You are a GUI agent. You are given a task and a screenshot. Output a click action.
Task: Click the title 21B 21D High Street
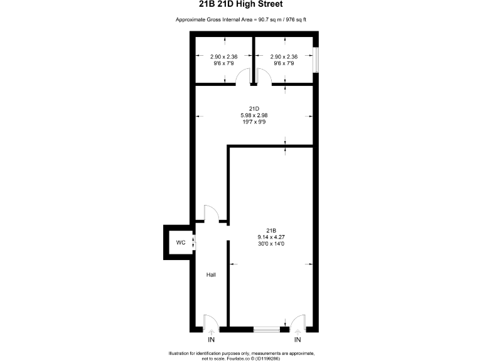(x=240, y=7)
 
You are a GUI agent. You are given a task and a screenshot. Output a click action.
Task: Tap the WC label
(x=180, y=243)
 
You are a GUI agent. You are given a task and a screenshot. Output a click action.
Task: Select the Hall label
(x=212, y=275)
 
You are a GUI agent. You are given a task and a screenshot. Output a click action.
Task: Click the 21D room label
(x=254, y=108)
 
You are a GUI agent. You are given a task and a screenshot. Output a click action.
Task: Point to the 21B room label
(x=271, y=229)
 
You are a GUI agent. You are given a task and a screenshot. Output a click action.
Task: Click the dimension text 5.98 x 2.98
(x=254, y=115)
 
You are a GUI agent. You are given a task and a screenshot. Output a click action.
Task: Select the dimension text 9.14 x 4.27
(x=271, y=236)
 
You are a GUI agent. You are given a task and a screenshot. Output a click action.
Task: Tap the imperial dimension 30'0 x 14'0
(x=271, y=244)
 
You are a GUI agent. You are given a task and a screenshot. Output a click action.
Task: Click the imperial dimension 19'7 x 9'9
(x=254, y=122)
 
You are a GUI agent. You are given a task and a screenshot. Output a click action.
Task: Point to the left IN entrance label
(x=212, y=340)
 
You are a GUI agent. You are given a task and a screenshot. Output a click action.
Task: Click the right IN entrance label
(x=297, y=340)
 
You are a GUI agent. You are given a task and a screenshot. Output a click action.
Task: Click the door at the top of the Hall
(x=212, y=214)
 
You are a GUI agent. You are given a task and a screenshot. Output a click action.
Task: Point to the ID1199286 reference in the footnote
(x=267, y=358)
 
